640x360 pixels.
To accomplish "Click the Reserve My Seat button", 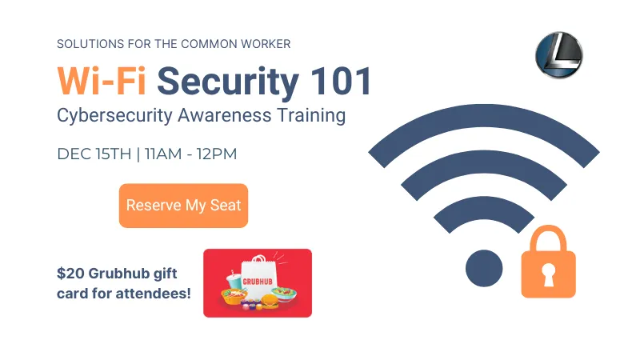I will tap(183, 206).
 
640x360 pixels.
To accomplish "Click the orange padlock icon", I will tap(548, 264).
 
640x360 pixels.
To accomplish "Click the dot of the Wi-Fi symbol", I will tap(484, 267).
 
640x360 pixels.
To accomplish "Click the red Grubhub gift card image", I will tap(258, 282).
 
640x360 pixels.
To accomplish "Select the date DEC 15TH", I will tap(94, 154).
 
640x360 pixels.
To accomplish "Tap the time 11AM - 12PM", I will tap(190, 154).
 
